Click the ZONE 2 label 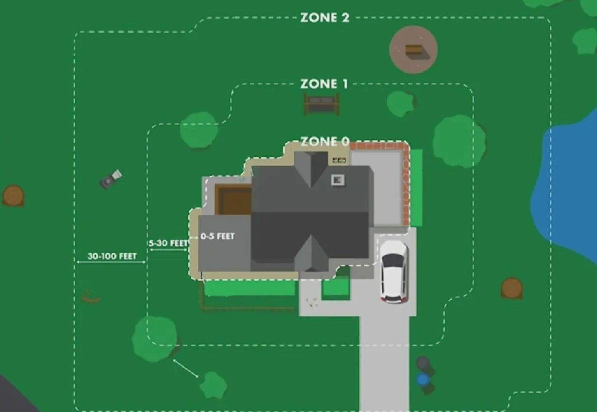324,18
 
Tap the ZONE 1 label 324,84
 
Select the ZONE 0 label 324,141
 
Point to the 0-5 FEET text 217,236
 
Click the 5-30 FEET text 168,243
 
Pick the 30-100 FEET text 112,256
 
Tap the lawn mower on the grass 111,179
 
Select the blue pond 565,187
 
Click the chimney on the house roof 338,180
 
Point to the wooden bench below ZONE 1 322,104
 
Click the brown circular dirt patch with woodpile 413,49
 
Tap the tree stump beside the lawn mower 13,196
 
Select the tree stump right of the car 511,288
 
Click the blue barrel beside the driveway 422,379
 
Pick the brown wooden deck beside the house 233,199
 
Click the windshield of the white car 394,260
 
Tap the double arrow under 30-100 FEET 111,262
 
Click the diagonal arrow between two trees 186,368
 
